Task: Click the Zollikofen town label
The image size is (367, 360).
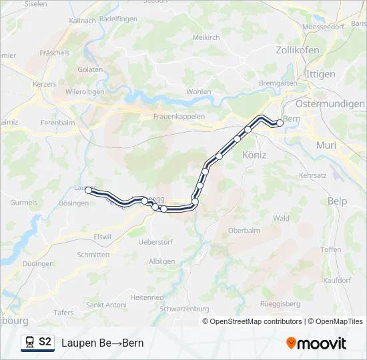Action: (297, 50)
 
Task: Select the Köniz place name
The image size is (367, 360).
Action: (254, 155)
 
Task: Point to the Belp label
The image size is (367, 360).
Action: (338, 201)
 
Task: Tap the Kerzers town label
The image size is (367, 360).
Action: (44, 85)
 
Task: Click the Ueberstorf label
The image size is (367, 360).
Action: (155, 241)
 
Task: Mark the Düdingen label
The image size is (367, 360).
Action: (37, 264)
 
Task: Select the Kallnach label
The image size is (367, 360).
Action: (82, 21)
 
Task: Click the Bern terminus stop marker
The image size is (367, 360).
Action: (280, 123)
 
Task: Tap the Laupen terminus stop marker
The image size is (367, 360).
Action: (89, 191)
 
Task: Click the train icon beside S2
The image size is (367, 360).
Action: (29, 343)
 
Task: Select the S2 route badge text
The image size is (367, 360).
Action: (45, 342)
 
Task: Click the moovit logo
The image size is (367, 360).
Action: (316, 343)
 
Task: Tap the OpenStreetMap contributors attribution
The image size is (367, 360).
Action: (254, 321)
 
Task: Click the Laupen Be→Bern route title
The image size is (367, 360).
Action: (102, 343)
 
